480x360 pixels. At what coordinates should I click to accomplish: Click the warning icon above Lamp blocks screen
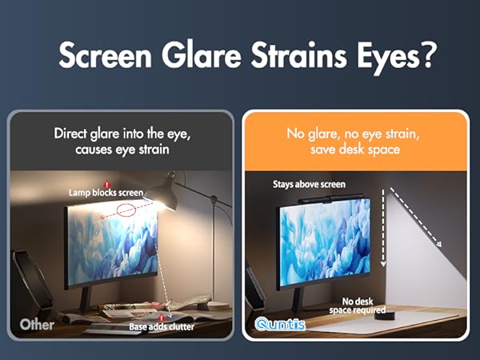click(x=107, y=183)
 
